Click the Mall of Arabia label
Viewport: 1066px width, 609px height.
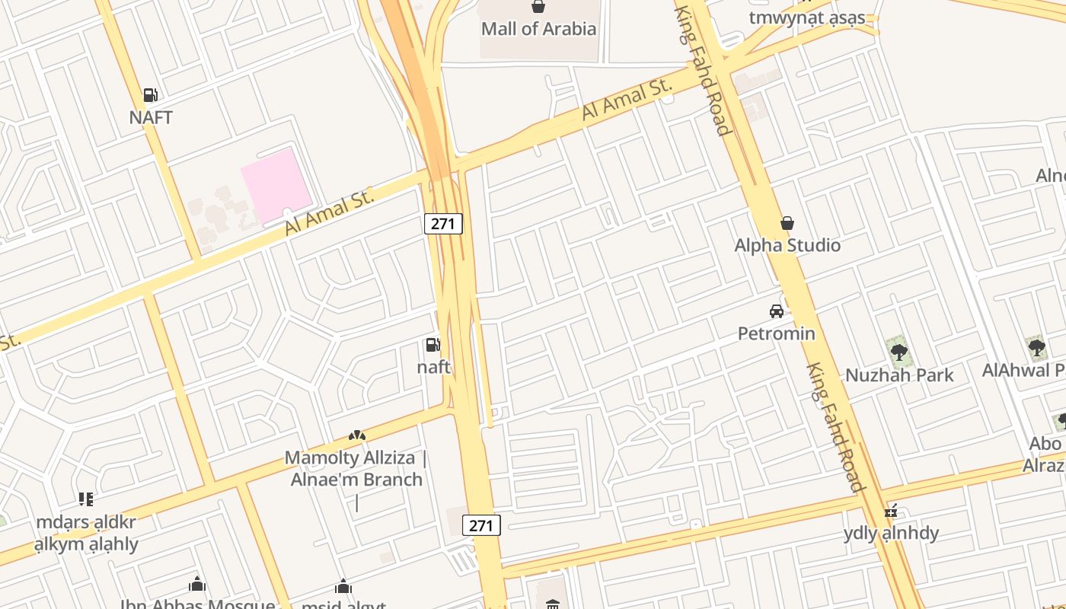pos(538,29)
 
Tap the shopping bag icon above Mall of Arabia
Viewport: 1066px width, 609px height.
pos(538,7)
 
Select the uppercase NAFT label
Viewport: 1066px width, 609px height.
pos(151,117)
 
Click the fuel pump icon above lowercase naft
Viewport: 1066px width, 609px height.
pos(432,345)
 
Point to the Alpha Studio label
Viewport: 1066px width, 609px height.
pos(787,245)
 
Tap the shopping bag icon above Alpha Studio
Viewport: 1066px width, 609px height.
pos(787,223)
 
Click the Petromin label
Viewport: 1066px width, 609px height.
pos(777,333)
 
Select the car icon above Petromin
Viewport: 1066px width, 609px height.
pos(777,311)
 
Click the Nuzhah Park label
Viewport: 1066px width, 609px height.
pos(899,375)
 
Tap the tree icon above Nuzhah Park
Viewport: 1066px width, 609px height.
pos(899,352)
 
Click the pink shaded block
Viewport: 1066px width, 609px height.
pos(276,186)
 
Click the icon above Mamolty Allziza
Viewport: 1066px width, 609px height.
pos(356,435)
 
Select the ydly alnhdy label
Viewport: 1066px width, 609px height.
pos(891,533)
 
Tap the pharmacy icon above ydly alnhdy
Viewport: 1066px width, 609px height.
pos(891,512)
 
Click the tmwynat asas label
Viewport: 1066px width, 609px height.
pos(807,18)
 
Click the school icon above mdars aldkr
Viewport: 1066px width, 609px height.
pos(86,499)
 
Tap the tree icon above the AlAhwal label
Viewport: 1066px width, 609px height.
pos(1036,348)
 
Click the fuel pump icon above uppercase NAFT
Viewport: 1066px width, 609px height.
pos(151,95)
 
